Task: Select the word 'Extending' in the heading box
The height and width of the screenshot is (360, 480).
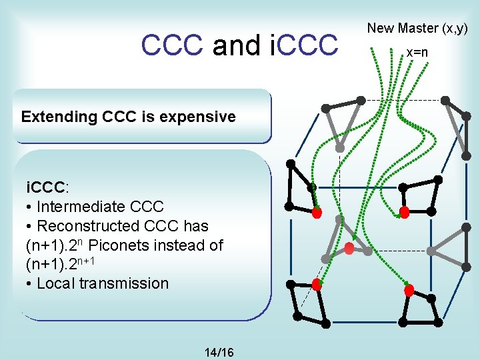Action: tap(59, 117)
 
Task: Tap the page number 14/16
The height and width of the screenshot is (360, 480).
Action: tap(220, 351)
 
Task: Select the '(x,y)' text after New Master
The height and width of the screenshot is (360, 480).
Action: tap(454, 28)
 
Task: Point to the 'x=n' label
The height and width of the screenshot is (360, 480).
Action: tap(417, 52)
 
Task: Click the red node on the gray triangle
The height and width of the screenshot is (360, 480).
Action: tap(349, 249)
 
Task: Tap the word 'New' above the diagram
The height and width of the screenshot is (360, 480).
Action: tap(381, 28)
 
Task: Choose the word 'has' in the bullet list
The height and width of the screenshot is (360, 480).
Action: tap(196, 226)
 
